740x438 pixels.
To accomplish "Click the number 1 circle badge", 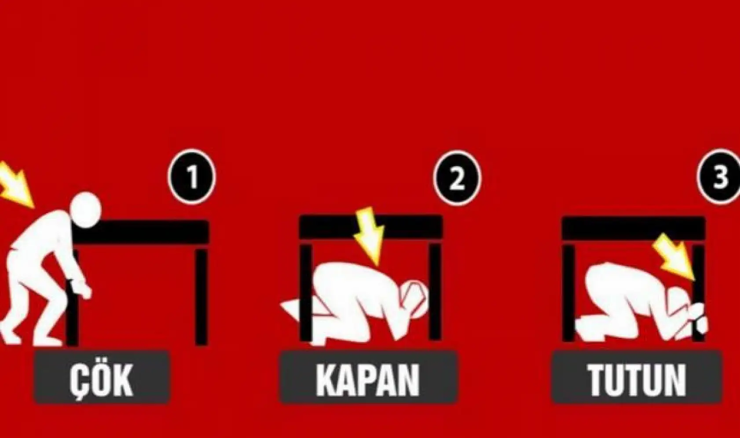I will pos(192,177).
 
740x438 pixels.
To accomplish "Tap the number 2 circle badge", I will pos(457,178).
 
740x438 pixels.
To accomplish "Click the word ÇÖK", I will pos(102,379).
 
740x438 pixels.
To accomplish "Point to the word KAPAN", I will pos(368,379).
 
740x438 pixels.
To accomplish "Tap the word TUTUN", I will pos(637,379).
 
